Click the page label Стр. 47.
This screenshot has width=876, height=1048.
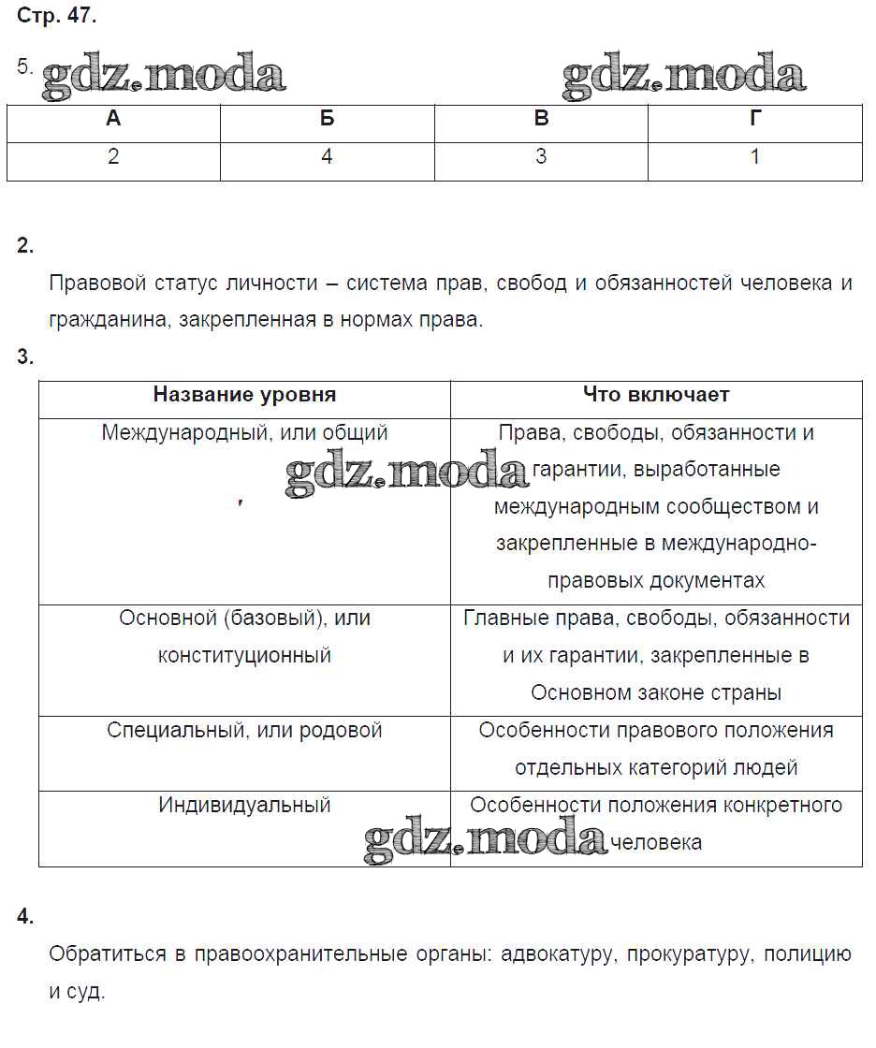[x=56, y=16]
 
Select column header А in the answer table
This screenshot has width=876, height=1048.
[x=113, y=119]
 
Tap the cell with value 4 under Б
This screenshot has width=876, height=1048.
[x=327, y=156]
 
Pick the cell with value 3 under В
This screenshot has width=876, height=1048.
[x=541, y=156]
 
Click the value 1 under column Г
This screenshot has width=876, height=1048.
[x=755, y=156]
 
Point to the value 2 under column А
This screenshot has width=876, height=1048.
[x=113, y=156]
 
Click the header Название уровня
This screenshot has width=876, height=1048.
[x=244, y=395]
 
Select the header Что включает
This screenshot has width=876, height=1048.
[x=656, y=395]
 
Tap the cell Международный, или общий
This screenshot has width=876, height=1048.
[x=244, y=433]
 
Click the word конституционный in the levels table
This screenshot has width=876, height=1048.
[x=244, y=656]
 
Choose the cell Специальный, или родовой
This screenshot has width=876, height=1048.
[x=244, y=731]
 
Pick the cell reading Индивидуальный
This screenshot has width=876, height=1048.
[x=244, y=806]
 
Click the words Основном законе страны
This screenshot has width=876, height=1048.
[x=656, y=693]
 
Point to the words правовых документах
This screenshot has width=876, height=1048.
[x=656, y=581]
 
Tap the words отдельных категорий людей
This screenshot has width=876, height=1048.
[x=656, y=768]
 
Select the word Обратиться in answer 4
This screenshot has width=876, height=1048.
[x=105, y=955]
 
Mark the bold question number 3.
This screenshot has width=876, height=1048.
[x=25, y=357]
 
